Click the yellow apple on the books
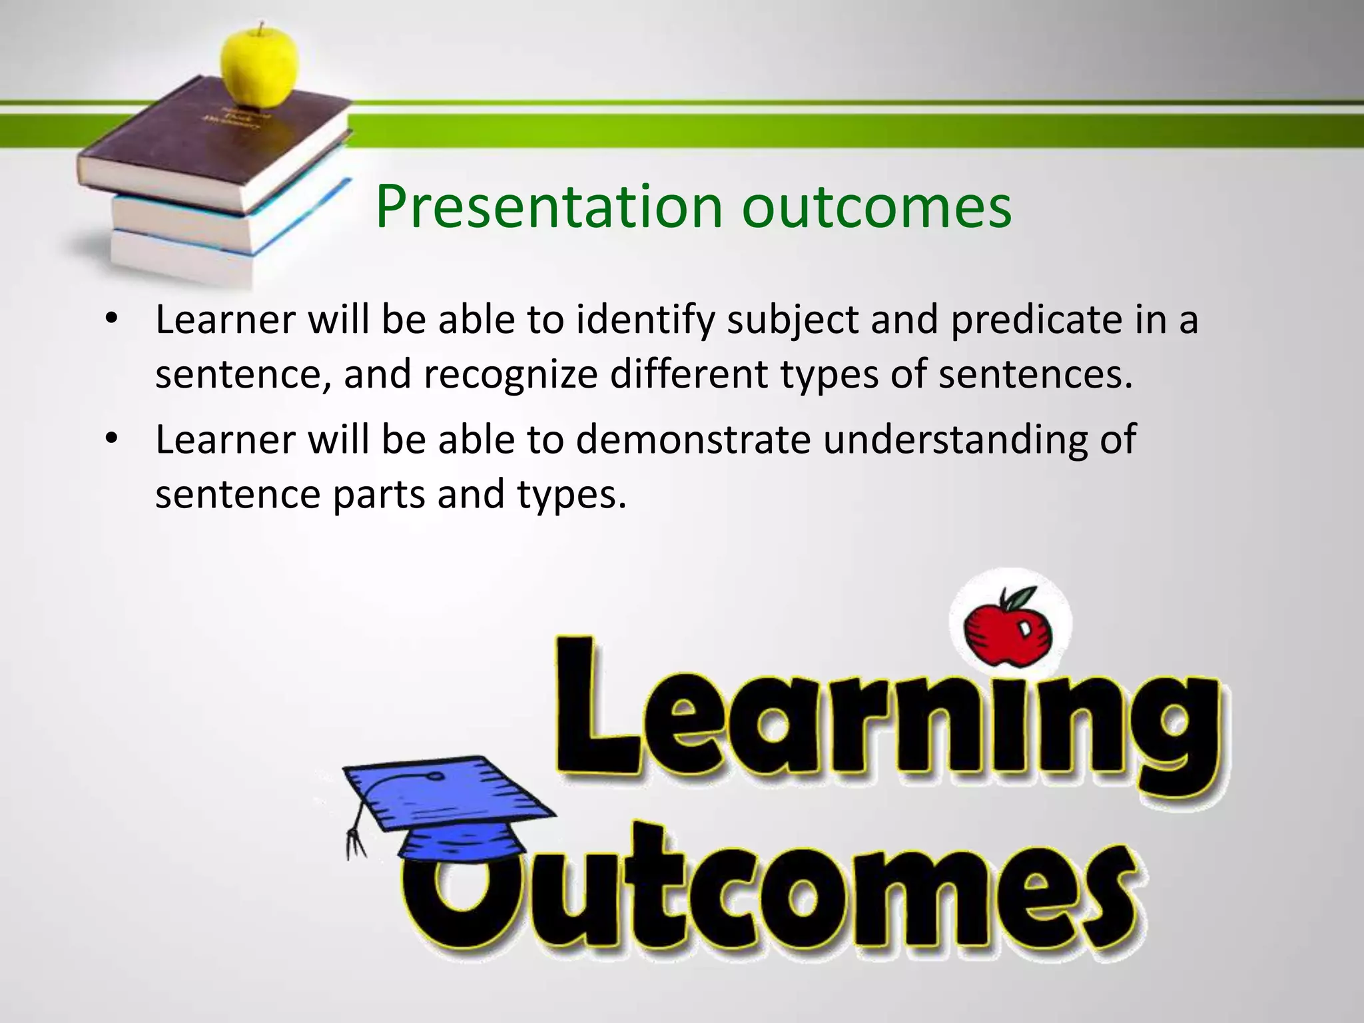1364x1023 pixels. click(259, 67)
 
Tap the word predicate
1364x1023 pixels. click(1032, 320)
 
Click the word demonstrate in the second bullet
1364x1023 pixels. click(693, 440)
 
